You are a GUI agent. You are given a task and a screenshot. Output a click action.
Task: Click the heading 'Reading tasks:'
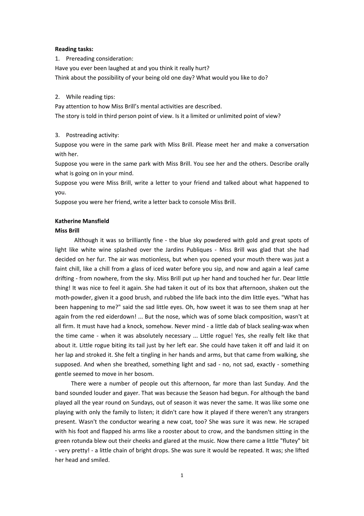(x=74, y=49)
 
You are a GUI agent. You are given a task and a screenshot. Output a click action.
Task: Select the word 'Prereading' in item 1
(x=80, y=59)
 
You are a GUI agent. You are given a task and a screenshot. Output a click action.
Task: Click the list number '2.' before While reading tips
(x=57, y=97)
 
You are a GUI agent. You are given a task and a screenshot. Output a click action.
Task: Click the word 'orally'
(x=300, y=164)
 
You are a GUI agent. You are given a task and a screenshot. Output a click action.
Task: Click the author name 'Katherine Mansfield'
(x=82, y=221)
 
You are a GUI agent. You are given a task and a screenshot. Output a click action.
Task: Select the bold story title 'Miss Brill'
(x=67, y=231)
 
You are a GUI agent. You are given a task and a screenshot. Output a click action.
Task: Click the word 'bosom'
(x=144, y=374)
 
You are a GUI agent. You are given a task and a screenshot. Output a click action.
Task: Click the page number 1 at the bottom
(x=182, y=476)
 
